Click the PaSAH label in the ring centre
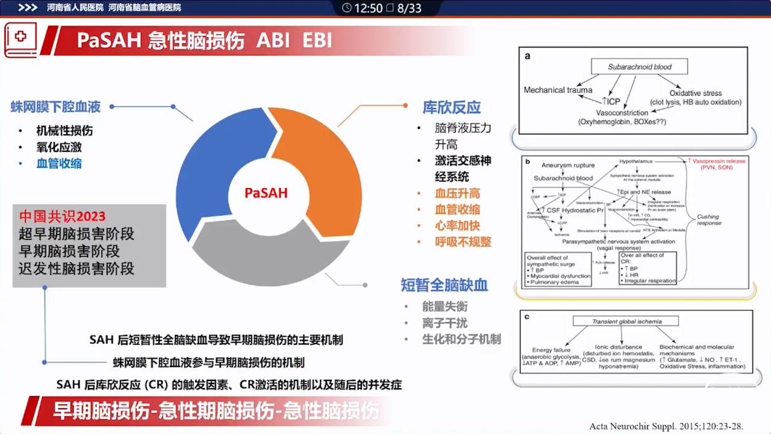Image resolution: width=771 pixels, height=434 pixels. [x=266, y=193]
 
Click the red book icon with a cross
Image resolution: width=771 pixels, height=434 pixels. [x=20, y=40]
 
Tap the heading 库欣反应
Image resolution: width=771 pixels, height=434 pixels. [x=451, y=107]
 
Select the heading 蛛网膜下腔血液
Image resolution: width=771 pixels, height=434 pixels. [x=55, y=107]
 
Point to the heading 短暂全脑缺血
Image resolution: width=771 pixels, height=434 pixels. [x=445, y=285]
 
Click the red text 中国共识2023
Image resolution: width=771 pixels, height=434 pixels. [x=62, y=216]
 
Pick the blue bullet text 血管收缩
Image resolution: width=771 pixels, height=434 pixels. [x=59, y=163]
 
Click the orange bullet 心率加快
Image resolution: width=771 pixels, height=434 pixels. [x=457, y=225]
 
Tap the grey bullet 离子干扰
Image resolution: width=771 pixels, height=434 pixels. [x=445, y=322]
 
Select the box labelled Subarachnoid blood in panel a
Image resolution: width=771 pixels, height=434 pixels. [x=639, y=66]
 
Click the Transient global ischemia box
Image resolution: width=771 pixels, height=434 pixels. [x=626, y=321]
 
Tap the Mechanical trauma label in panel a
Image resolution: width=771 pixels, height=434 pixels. [x=558, y=90]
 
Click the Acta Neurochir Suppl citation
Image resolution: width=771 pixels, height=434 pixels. [x=666, y=426]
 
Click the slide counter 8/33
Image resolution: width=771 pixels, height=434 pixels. [x=409, y=8]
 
